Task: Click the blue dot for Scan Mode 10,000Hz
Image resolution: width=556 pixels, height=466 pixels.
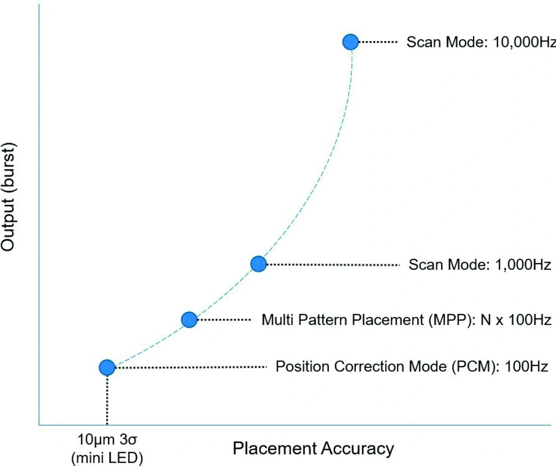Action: pyautogui.click(x=351, y=42)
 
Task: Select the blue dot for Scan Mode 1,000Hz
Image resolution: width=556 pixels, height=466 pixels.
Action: pyautogui.click(x=258, y=264)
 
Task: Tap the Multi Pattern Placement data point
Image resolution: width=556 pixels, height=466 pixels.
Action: pyautogui.click(x=189, y=320)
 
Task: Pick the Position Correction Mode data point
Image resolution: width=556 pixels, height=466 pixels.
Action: pyautogui.click(x=107, y=367)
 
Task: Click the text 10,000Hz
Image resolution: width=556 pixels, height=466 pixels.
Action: pyautogui.click(x=524, y=42)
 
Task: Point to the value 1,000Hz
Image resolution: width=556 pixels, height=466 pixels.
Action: pyautogui.click(x=523, y=264)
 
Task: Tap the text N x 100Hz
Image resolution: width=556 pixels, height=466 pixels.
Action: pyautogui.click(x=516, y=320)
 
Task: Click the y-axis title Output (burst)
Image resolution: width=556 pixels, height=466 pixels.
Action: pyautogui.click(x=8, y=196)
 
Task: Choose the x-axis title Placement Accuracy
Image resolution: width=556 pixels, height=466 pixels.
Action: pyautogui.click(x=313, y=448)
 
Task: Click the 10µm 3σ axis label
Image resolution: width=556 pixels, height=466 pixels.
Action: pyautogui.click(x=107, y=440)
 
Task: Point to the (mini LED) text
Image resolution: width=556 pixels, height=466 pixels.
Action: pyautogui.click(x=107, y=457)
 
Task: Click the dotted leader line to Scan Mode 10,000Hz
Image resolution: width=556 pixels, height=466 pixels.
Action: pyautogui.click(x=378, y=42)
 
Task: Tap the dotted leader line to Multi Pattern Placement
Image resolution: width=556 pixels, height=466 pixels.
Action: pyautogui.click(x=224, y=320)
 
